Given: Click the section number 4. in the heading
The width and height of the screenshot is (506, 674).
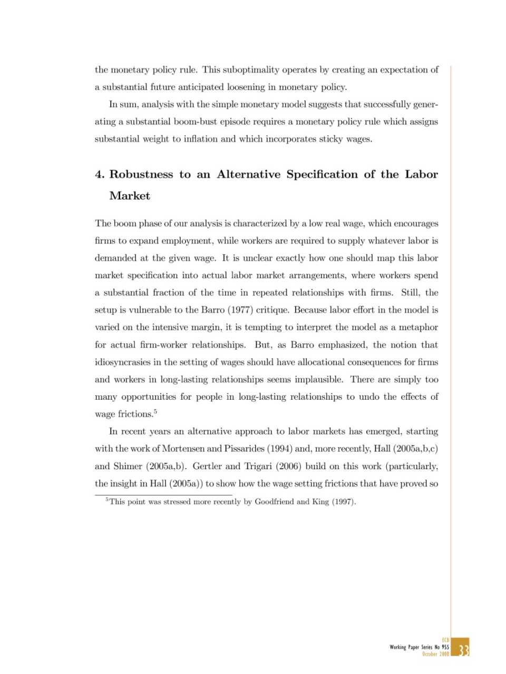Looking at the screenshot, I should tap(100, 174).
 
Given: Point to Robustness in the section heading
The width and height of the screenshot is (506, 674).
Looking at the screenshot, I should tap(141, 174).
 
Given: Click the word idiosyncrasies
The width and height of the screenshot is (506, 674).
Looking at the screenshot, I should tap(122, 362).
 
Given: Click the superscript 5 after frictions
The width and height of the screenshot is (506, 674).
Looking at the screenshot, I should tap(155, 411).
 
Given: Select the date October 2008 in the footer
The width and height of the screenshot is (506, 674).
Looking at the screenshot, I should tap(435, 654).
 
